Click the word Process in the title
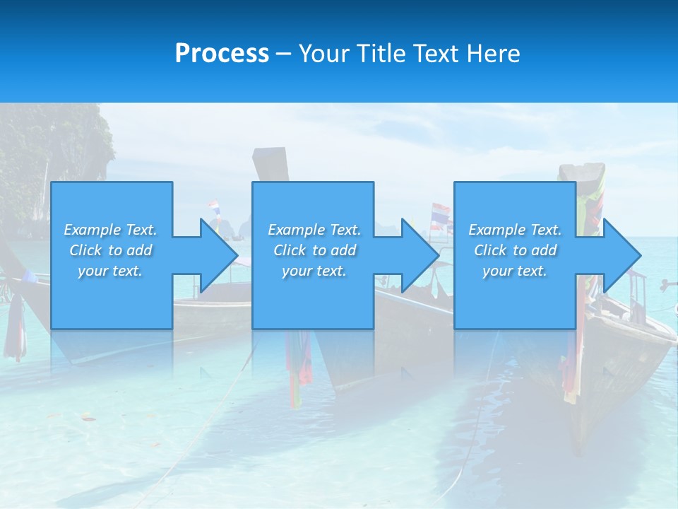click(222, 54)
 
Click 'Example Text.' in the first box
click(110, 230)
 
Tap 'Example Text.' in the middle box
click(314, 230)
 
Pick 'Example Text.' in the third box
click(515, 230)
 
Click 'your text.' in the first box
click(110, 271)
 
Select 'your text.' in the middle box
click(314, 271)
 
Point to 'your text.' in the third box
click(515, 271)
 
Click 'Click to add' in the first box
click(110, 250)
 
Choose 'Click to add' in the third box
click(515, 250)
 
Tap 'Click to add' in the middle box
click(314, 250)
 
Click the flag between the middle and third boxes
click(440, 215)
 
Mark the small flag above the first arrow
click(213, 209)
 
